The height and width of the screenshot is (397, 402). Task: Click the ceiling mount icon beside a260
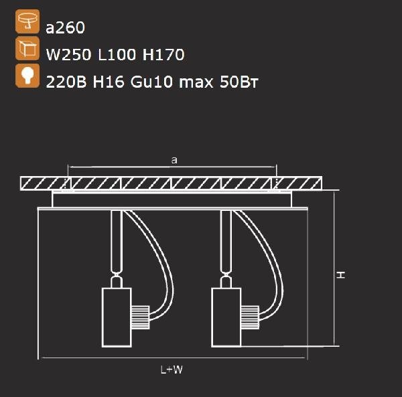27,21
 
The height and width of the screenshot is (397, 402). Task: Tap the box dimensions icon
27,48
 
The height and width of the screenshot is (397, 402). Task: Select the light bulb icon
27,76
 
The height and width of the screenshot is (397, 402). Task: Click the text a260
65,27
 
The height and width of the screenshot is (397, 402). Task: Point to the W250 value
68,54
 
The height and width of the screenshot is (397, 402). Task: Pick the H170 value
163,54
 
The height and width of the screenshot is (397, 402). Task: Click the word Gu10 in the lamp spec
151,82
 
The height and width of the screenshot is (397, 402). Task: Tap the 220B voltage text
66,82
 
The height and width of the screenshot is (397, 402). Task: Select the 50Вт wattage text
239,82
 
